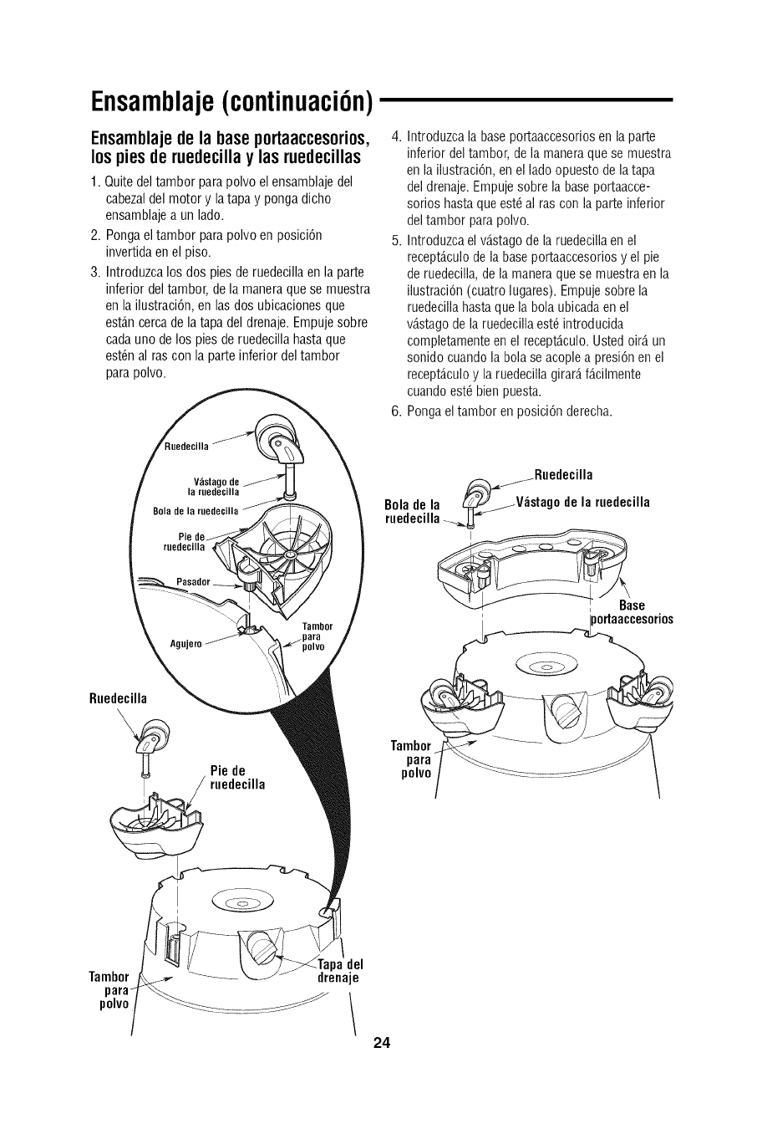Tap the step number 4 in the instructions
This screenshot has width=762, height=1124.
397,136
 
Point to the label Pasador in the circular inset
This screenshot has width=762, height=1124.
195,581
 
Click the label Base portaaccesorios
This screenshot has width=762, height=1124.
632,612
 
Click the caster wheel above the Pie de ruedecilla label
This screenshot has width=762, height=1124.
155,737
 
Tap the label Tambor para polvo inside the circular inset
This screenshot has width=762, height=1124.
317,636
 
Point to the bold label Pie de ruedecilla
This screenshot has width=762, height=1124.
235,777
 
